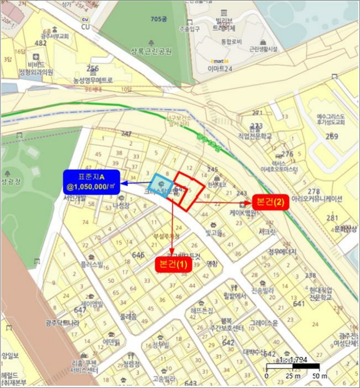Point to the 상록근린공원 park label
(x=151, y=52)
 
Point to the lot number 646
(x=139, y=254)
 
